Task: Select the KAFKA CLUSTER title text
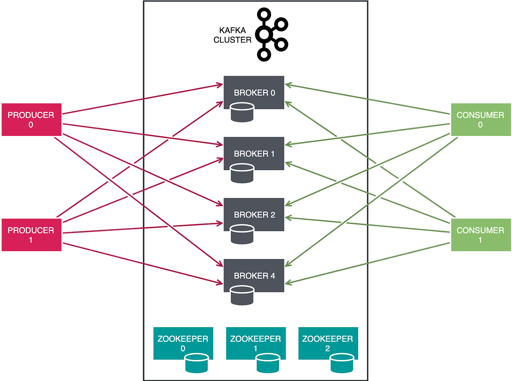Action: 232,35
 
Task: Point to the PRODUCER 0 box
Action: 31,119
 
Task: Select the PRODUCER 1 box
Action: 31,235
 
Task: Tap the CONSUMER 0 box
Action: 480,119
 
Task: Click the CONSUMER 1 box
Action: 480,235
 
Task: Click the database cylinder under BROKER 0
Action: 242,113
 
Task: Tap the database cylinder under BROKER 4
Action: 242,296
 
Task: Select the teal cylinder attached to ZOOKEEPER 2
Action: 342,363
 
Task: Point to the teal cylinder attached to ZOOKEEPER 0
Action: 197,363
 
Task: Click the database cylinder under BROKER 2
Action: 242,235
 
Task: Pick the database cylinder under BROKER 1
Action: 242,174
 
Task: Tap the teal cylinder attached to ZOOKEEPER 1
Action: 268,363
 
